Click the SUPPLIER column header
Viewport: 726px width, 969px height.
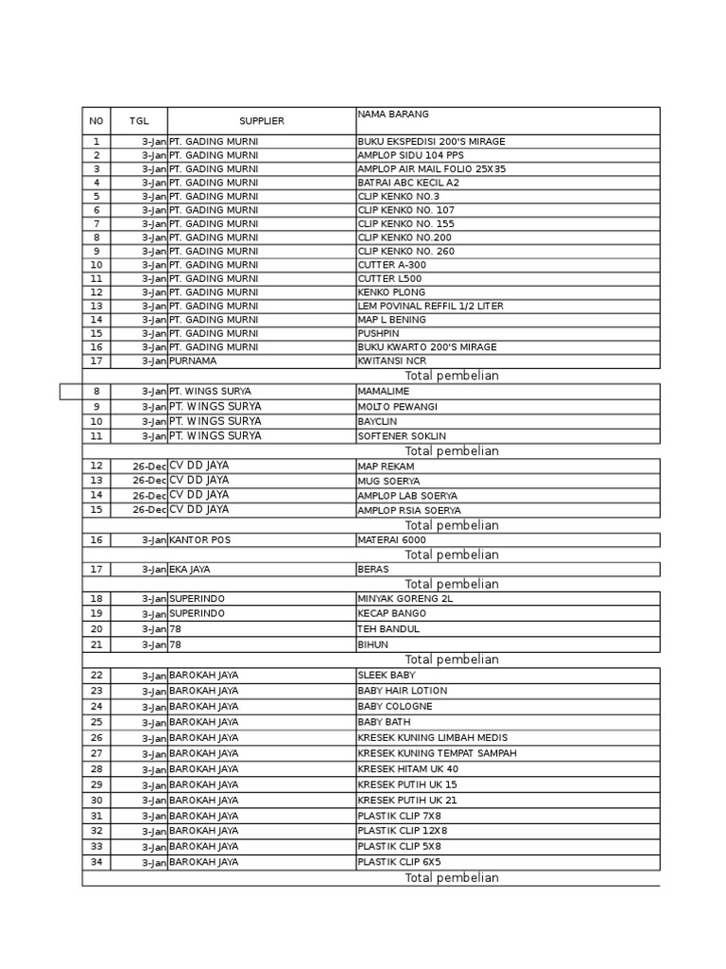(261, 121)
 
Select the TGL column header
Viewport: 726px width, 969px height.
(139, 121)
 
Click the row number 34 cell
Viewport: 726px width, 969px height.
(96, 862)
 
